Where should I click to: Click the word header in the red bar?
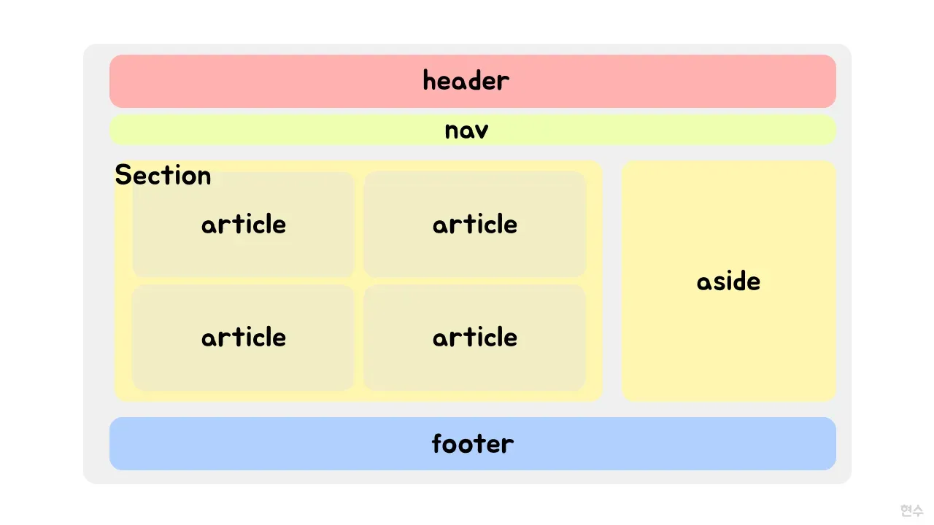coord(466,80)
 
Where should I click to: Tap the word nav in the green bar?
coord(466,131)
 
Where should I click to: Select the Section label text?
coord(163,175)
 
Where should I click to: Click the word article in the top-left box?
coord(244,224)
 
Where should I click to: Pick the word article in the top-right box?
coord(475,224)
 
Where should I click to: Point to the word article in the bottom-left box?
coord(244,337)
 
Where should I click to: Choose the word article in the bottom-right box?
coord(475,337)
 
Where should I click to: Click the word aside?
coord(728,281)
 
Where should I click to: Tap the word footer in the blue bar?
coord(472,443)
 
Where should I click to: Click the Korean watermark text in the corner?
coord(912,510)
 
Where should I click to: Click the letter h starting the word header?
coord(430,80)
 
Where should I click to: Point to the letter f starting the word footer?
coord(437,443)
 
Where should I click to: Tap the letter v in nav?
coord(481,131)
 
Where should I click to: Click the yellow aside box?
coord(728,281)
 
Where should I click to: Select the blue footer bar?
coord(472,443)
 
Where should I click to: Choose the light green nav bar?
coord(472,130)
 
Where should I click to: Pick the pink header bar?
coord(472,81)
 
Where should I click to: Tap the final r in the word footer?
coord(508,446)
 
